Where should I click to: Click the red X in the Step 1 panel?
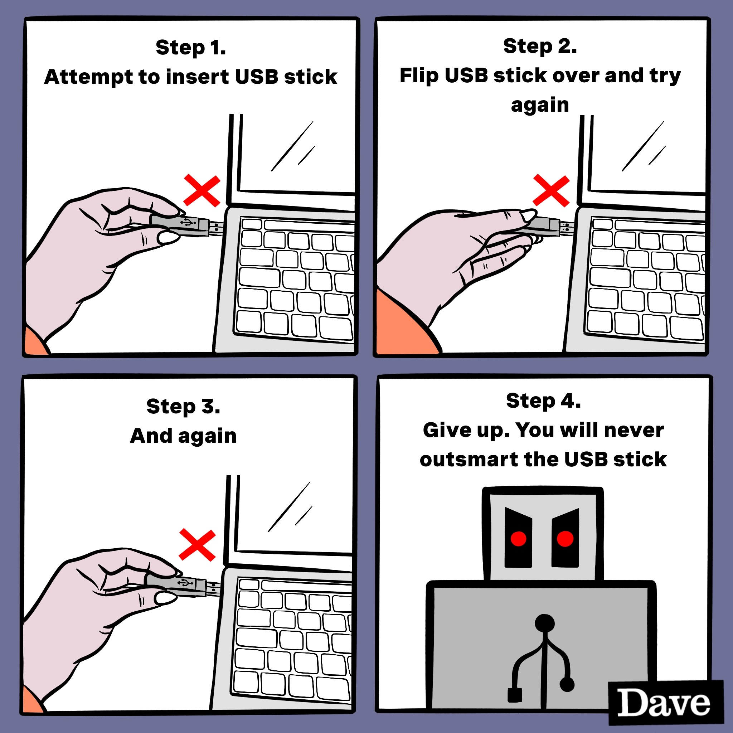202,191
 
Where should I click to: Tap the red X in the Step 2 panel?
551,191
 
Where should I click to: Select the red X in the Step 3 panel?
197,545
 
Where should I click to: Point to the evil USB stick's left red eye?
518,538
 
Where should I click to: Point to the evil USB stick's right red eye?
565,539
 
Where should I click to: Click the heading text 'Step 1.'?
191,48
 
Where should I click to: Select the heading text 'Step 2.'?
540,46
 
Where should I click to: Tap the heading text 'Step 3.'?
183,406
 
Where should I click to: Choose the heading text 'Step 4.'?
543,401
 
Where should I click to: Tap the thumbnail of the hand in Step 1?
169,238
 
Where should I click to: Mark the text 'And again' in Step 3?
183,436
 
